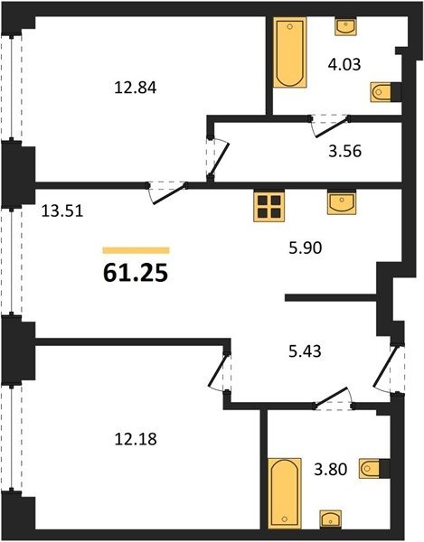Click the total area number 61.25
tap(136, 273)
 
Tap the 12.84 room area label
tap(136, 88)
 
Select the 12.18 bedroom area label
tap(136, 439)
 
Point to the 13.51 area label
tap(62, 210)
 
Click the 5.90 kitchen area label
tap(306, 248)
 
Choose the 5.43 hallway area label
tap(305, 351)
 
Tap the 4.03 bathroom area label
tap(344, 64)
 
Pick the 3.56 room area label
tap(344, 151)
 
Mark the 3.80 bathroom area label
tap(330, 470)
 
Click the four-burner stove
tap(269, 206)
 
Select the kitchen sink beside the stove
tap(342, 203)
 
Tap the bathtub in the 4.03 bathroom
tap(290, 52)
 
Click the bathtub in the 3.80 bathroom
tap(285, 493)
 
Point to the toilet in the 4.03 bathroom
tap(386, 92)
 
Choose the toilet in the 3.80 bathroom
tap(374, 469)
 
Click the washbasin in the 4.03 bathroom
tap(346, 26)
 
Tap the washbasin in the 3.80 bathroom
tap(331, 519)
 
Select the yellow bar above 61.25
tap(136, 250)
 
